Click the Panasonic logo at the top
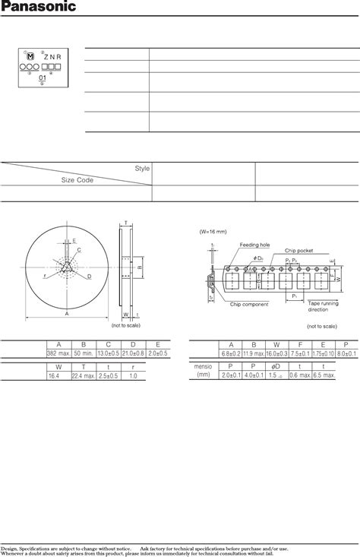[39, 8]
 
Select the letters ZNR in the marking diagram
[52, 56]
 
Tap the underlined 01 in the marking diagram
[43, 76]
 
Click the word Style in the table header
[142, 169]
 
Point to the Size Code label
[75, 181]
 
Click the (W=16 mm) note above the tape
[215, 233]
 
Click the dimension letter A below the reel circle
[67, 313]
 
